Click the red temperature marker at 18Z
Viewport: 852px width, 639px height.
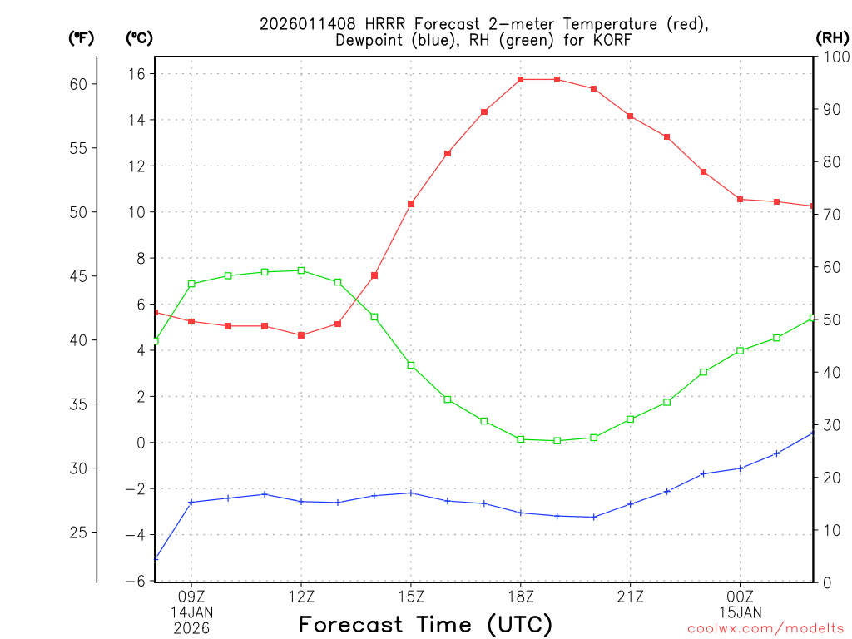click(521, 79)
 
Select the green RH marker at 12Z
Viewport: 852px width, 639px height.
click(301, 270)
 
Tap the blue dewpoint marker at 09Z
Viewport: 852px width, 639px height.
click(191, 502)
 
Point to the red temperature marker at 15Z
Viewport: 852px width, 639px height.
click(411, 204)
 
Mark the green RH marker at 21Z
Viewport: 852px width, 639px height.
click(631, 419)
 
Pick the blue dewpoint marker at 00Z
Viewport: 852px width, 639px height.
click(741, 468)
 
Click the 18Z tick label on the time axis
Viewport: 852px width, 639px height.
click(521, 596)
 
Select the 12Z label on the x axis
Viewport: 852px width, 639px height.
click(301, 596)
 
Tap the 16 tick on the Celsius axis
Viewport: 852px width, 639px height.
click(136, 74)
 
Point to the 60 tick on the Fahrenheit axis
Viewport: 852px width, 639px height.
click(79, 84)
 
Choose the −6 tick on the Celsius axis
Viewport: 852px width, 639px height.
click(133, 581)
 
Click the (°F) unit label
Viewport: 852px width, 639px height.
click(81, 37)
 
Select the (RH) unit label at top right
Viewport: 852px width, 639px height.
click(832, 37)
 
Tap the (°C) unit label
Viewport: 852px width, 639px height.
click(139, 37)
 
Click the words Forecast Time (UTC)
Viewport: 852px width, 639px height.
click(425, 624)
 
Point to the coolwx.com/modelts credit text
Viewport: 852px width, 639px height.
click(765, 628)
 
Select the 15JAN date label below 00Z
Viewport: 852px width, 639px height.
click(741, 612)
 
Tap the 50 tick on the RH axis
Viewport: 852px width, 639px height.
click(831, 319)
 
